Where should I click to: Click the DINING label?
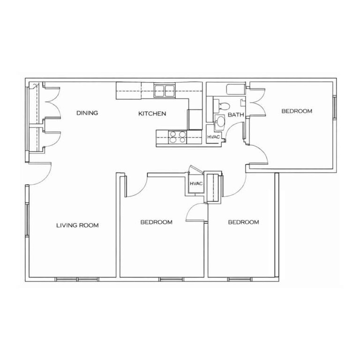tap(87, 113)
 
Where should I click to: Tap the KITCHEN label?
tap(152, 113)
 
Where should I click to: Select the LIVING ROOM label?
tap(78, 225)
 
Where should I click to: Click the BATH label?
tap(236, 114)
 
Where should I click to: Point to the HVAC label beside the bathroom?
tap(214, 137)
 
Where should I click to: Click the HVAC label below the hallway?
tap(196, 184)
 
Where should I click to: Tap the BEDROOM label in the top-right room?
tap(297, 111)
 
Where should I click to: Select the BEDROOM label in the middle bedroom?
tap(157, 222)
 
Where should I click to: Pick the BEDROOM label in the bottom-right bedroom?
tap(243, 222)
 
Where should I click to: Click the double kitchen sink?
tap(165, 90)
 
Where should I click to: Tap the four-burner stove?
tap(178, 137)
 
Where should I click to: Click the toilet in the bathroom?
tap(222, 106)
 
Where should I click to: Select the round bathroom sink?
tap(220, 121)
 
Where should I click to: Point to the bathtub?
tap(236, 90)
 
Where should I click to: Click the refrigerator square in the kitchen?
tap(195, 120)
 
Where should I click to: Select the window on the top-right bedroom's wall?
tap(335, 107)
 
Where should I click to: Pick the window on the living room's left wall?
tap(27, 220)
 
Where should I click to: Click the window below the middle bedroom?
tap(171, 279)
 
